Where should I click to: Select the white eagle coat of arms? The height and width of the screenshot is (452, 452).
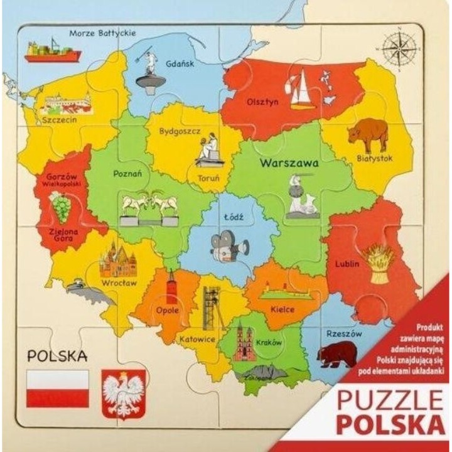point(123,394)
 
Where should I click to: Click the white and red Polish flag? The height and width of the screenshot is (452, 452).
point(56,389)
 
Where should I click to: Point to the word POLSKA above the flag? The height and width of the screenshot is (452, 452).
point(56,356)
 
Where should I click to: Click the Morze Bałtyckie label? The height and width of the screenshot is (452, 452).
point(102,33)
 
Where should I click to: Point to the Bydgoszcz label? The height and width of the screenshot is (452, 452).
point(179,132)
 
